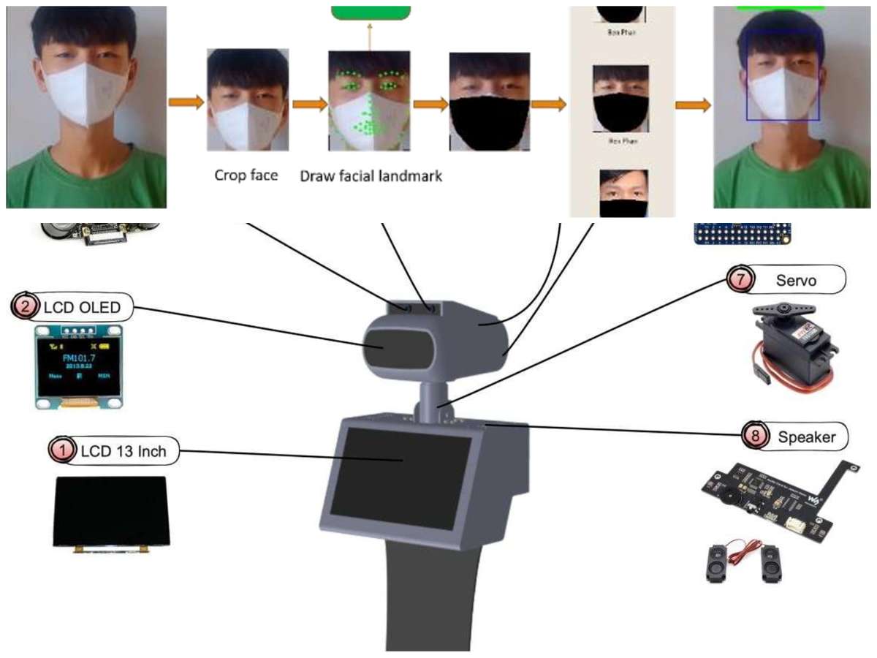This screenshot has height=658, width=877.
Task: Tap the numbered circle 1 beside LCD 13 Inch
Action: tap(62, 451)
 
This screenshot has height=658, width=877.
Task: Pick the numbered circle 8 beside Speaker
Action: tap(753, 437)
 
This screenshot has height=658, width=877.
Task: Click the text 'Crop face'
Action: tap(246, 175)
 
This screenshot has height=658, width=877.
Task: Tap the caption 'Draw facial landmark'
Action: tap(371, 176)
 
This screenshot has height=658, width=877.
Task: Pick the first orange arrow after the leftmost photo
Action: tap(186, 102)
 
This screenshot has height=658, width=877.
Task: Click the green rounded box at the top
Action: tap(371, 12)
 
